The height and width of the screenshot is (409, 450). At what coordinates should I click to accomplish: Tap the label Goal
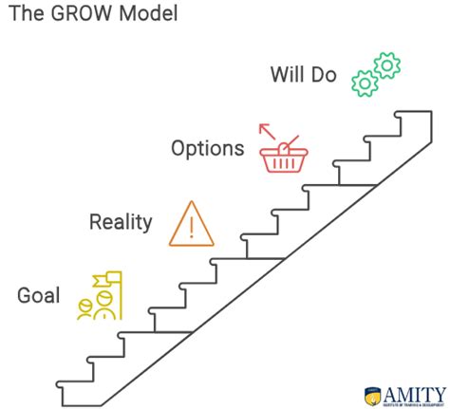point(38,295)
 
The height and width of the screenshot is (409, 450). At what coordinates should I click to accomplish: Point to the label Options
point(207,149)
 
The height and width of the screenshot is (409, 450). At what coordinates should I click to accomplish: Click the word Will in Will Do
point(289,74)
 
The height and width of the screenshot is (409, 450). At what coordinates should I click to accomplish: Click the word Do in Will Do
point(324,74)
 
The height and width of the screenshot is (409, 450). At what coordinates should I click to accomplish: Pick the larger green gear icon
point(365,83)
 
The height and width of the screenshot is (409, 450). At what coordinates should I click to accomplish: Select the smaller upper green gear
point(387,65)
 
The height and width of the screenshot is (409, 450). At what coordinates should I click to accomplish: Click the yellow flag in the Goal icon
point(107,280)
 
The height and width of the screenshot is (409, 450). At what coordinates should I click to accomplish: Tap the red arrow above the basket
point(267,130)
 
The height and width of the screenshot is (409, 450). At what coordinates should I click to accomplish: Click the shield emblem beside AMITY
point(374,393)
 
